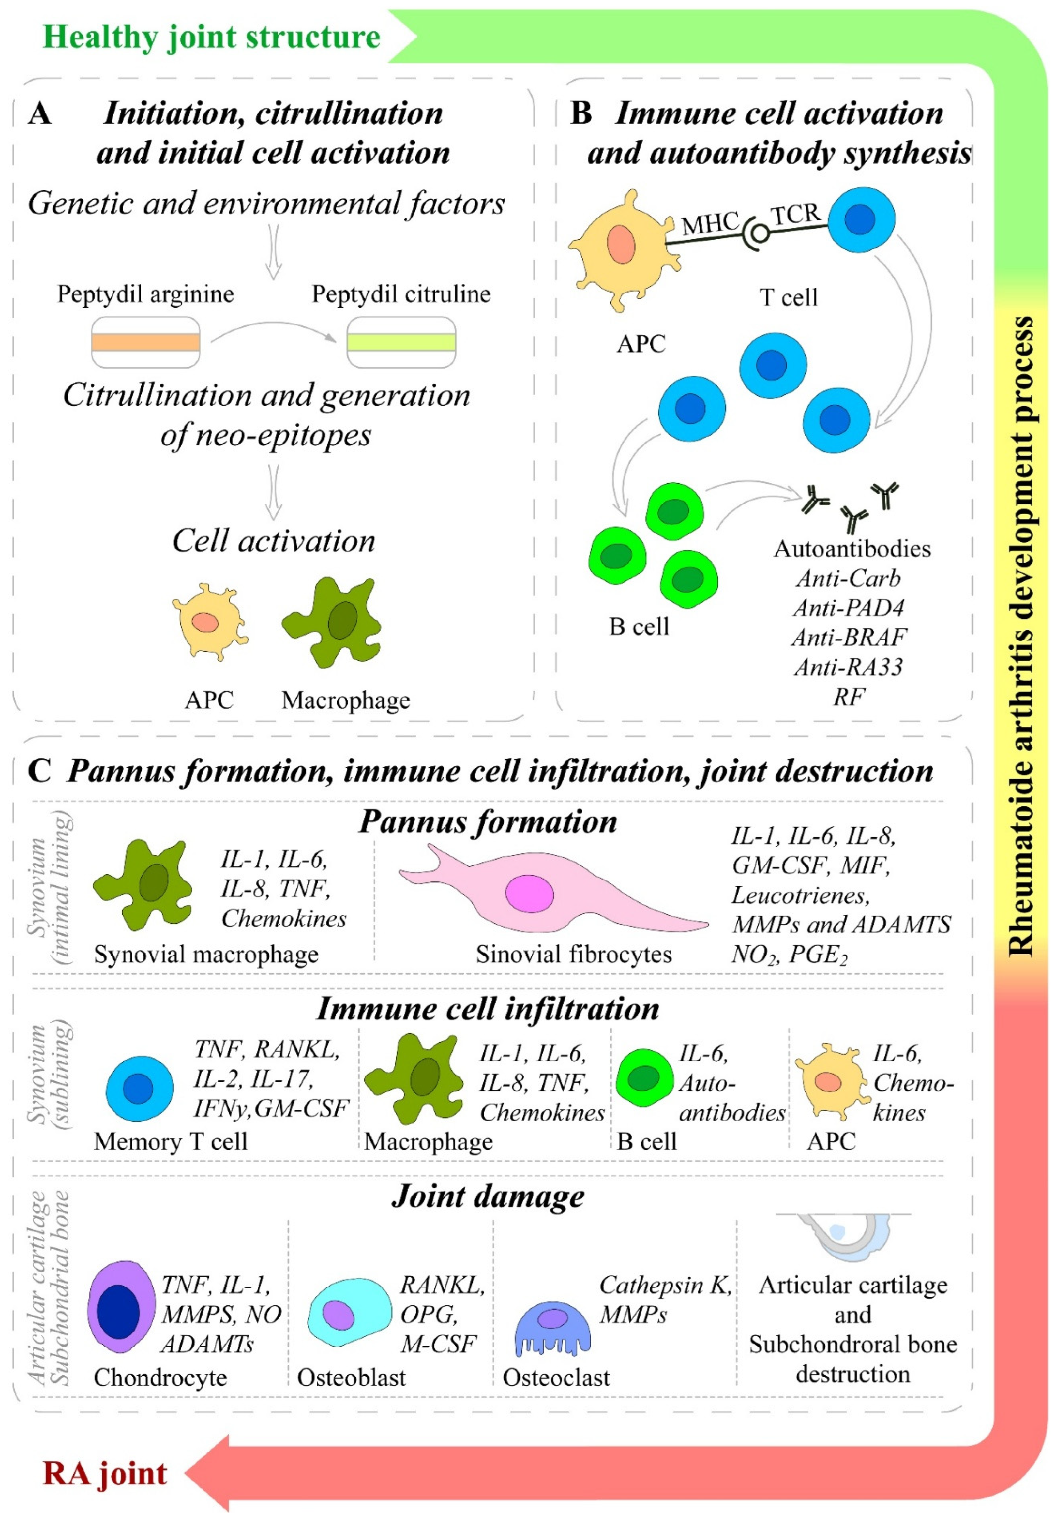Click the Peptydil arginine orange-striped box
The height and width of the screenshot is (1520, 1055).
coord(145,342)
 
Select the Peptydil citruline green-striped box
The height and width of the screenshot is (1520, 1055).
coord(401,342)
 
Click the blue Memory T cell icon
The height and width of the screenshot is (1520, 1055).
coord(140,1089)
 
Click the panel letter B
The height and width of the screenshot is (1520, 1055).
coord(580,114)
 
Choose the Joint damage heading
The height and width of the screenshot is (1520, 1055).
coord(488,1196)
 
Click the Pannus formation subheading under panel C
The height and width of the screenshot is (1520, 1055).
coord(488,821)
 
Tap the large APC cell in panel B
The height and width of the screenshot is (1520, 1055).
coord(618,248)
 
